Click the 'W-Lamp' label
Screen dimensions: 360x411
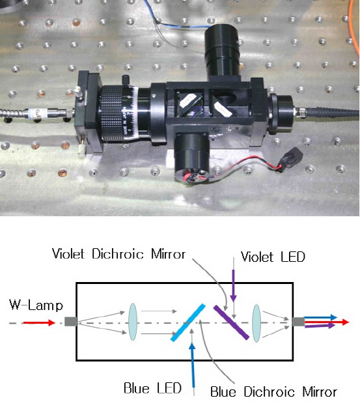tap(36, 305)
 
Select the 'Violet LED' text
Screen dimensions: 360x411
tap(273, 257)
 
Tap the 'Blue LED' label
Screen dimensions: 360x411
tap(152, 388)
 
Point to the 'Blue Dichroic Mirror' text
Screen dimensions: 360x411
tap(273, 392)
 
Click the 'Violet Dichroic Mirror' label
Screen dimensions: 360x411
tap(119, 254)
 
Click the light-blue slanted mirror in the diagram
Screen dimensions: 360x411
tap(188, 322)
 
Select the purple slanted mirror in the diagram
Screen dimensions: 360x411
tap(231, 322)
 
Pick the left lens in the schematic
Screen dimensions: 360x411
tap(133, 322)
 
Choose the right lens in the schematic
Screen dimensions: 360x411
tap(256, 323)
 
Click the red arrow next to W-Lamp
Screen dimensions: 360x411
tap(39, 322)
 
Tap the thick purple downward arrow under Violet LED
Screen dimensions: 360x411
tap(234, 286)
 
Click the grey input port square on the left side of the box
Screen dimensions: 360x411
tap(70, 322)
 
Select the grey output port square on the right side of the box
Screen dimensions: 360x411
tap(298, 322)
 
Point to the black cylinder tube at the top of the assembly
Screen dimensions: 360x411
tap(223, 52)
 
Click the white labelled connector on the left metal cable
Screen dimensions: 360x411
tap(38, 113)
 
